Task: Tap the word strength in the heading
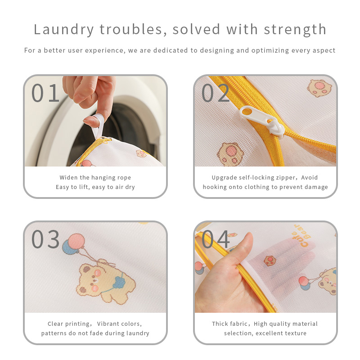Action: pos(295,29)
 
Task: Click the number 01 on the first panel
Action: pos(45,93)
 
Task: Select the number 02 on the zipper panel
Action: pos(215,93)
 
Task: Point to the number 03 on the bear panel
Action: pos(45,239)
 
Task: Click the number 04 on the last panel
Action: pos(215,239)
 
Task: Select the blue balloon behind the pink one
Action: pos(68,247)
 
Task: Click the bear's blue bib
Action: pos(118,282)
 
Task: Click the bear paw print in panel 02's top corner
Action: pos(319,88)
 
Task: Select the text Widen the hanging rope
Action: pos(95,178)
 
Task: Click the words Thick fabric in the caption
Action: pos(229,324)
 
